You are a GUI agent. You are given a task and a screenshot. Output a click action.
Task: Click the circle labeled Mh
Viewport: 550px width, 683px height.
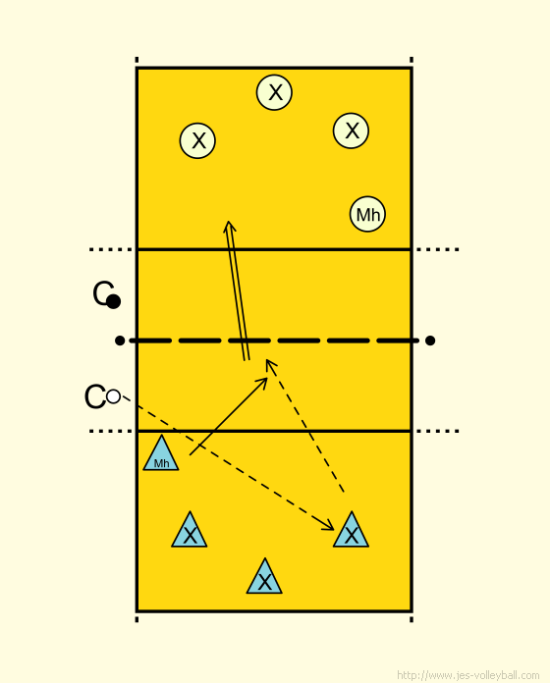(x=367, y=214)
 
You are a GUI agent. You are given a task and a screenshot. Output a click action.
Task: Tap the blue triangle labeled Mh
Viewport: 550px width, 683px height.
(x=161, y=455)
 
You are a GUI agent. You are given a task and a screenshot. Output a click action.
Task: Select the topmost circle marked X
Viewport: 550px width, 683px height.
(x=274, y=92)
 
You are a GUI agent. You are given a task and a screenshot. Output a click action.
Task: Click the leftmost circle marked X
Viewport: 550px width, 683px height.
(x=197, y=140)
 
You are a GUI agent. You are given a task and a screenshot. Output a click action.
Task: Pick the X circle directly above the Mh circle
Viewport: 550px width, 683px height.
(x=351, y=131)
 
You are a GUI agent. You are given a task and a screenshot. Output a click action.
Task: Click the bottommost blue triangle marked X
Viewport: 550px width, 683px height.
(x=264, y=578)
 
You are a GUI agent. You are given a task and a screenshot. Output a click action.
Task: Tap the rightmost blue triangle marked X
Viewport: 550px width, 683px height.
(x=351, y=532)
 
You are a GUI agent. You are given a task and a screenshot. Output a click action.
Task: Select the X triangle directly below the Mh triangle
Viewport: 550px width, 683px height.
(x=190, y=532)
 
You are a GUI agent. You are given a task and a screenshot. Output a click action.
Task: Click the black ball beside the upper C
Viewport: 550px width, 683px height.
(x=113, y=301)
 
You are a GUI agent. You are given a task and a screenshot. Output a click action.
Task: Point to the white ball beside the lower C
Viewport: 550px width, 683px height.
(x=113, y=396)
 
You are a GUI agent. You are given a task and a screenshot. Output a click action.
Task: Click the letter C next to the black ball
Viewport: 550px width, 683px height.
(x=102, y=292)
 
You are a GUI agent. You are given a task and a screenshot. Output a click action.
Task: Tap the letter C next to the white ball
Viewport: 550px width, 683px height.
(x=94, y=396)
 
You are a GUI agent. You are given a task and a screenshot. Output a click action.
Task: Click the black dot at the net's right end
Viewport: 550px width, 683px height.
(x=430, y=341)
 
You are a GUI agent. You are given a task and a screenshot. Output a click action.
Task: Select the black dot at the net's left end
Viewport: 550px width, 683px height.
(x=120, y=341)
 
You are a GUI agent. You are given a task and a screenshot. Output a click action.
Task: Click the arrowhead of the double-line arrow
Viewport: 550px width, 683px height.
(x=229, y=227)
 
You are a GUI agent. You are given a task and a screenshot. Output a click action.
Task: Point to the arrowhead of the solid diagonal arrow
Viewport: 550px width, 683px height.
(x=263, y=383)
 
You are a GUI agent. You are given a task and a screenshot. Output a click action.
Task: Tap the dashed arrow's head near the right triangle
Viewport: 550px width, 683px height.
(x=329, y=526)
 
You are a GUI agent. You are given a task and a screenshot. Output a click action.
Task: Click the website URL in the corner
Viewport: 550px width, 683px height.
(x=468, y=675)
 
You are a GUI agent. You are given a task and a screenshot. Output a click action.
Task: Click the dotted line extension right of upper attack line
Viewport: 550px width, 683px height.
(x=437, y=249)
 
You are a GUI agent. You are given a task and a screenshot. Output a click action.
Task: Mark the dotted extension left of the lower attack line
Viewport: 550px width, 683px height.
(x=111, y=431)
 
